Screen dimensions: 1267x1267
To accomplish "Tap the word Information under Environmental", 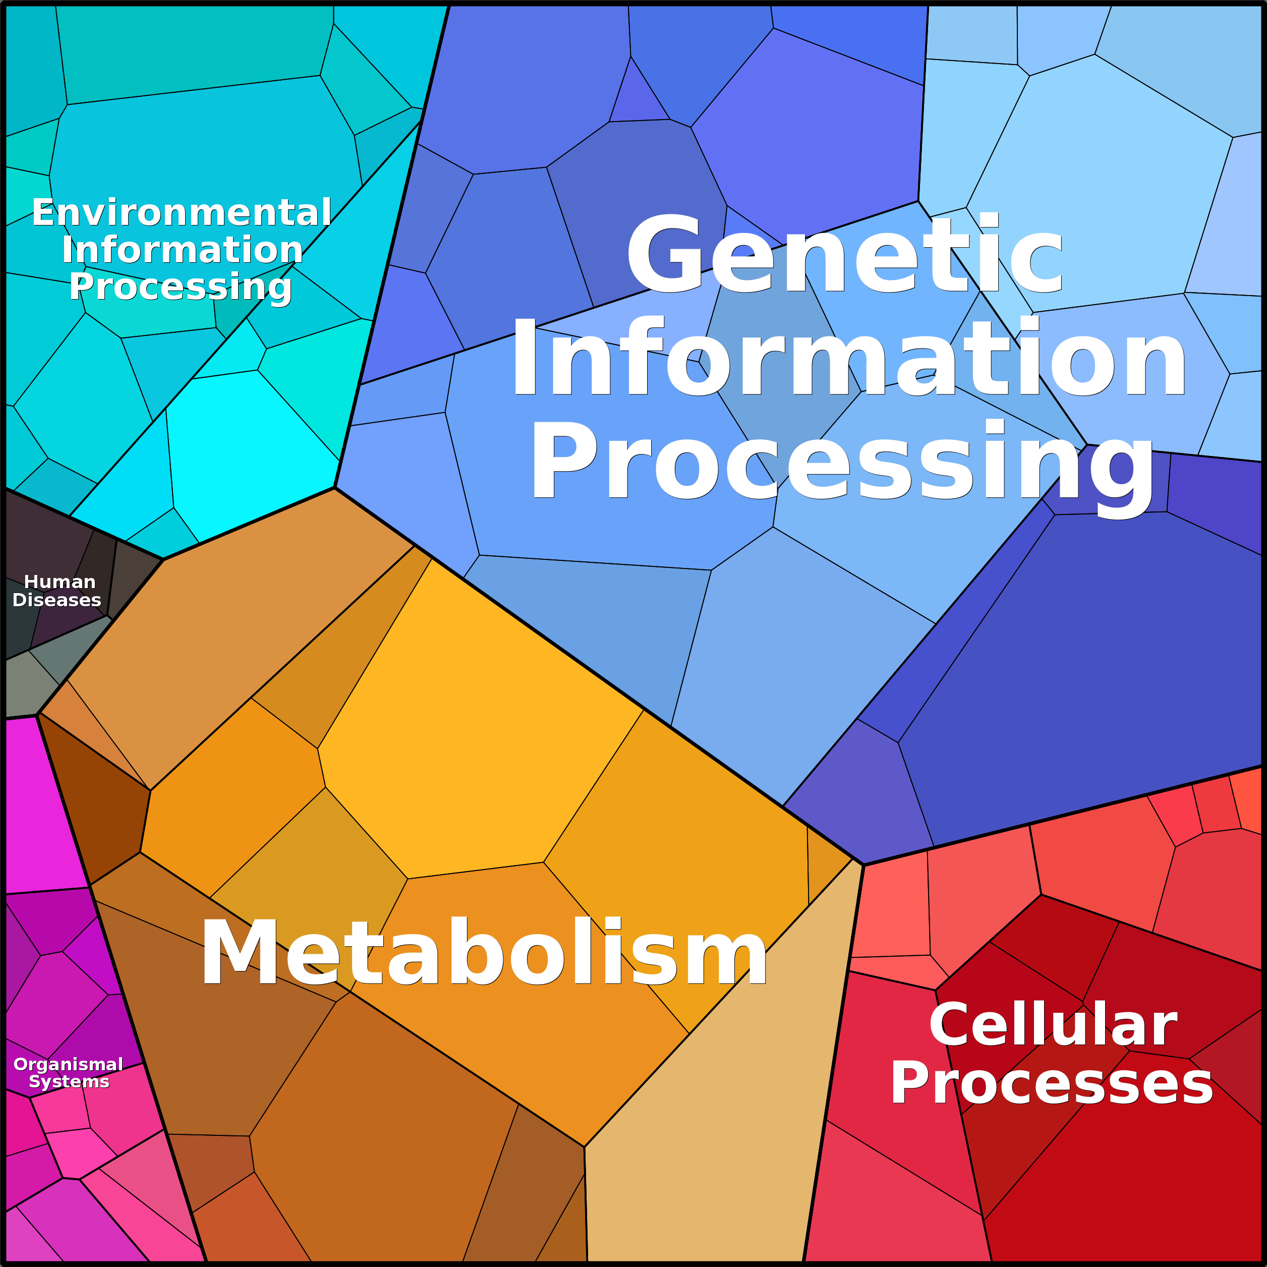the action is coord(182,250).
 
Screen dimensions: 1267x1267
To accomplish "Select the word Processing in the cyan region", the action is coord(181,287).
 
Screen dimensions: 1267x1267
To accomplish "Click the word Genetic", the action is coord(845,254).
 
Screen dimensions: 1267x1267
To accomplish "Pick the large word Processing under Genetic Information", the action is coord(842,465).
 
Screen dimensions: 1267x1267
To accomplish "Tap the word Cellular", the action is coord(1053,1025).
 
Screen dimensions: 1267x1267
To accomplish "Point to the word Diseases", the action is coord(57,600).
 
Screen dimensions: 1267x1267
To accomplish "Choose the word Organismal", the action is coord(68,1064).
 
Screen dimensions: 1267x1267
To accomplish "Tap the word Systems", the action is coord(69,1081).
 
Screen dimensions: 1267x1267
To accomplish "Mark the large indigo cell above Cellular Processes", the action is coord(1075,675).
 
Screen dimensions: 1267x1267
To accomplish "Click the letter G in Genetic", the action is coord(668,254).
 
